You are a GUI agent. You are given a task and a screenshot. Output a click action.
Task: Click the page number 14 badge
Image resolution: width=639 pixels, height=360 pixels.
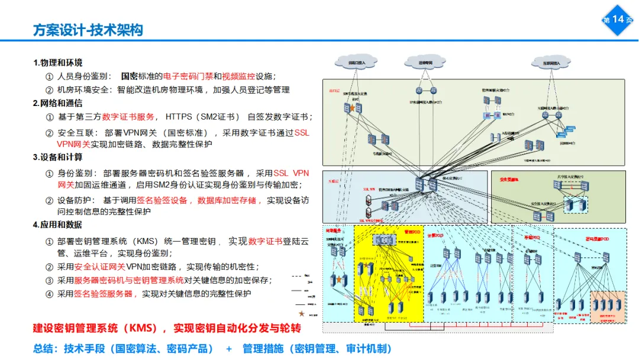[618, 20]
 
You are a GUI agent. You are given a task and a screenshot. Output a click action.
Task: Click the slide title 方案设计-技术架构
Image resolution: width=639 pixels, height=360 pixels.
[88, 30]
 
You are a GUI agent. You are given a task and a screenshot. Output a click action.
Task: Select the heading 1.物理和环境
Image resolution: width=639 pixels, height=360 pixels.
[58, 63]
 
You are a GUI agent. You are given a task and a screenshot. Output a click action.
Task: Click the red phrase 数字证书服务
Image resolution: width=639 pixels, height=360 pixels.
[128, 117]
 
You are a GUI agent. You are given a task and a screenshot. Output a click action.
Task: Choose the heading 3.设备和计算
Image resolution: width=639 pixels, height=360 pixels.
[58, 157]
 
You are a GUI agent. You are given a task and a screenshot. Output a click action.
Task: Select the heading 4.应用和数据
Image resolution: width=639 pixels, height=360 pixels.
[58, 225]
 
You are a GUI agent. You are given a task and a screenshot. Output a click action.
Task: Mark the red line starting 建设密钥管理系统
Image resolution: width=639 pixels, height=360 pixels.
[167, 327]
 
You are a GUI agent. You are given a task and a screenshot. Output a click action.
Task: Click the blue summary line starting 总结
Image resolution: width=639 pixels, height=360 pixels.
[212, 349]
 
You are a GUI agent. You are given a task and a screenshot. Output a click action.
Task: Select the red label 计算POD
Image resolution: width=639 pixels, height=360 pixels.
[437, 236]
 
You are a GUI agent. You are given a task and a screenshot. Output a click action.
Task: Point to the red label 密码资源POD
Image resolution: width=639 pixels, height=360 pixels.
[596, 239]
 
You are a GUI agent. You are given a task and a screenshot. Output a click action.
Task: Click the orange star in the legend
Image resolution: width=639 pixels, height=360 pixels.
[302, 313]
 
